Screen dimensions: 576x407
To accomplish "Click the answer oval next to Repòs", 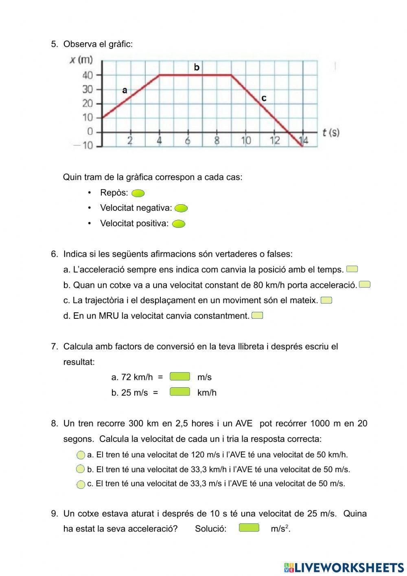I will pos(138,193).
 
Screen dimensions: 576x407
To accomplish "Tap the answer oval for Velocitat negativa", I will pos(181,209).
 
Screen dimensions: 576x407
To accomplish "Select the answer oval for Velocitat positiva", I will pos(179,224).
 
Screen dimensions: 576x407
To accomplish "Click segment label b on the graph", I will pos(197,67).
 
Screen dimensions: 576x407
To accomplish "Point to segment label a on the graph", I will pos(125,90).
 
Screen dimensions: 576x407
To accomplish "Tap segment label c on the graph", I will pos(264,98).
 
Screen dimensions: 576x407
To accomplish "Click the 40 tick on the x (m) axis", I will pos(88,75).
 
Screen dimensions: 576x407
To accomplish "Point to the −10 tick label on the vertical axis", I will pos(83,146).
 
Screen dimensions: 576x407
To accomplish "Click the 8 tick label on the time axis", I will pos(217,141).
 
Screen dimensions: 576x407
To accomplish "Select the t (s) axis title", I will pos(330,132).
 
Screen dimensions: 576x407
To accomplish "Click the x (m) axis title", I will pos(81,60).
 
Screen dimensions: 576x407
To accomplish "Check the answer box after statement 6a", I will pos(352,269).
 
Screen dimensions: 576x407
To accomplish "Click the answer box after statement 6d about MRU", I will pos(257,316).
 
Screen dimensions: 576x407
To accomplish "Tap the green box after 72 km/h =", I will pos(179,376).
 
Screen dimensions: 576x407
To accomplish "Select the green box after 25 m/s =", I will pos(179,392).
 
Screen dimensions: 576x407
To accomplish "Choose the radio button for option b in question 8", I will pos(81,469).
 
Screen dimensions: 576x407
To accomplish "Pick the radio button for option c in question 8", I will pos(81,484).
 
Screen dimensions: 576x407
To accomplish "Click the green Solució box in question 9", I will pos(249,528).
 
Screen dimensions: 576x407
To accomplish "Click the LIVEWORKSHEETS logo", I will pos(344,567).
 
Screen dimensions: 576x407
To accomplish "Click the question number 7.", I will pos(55,346).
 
